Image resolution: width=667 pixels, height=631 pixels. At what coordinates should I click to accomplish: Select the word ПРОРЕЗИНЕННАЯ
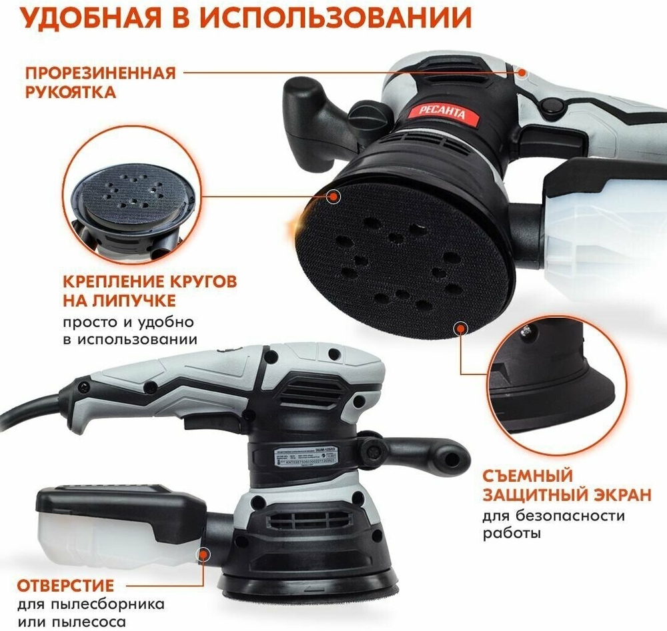tap(101, 72)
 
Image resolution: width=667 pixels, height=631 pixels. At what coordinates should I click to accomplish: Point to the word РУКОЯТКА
tap(70, 92)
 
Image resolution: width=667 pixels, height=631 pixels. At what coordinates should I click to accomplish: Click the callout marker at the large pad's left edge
tap(333, 195)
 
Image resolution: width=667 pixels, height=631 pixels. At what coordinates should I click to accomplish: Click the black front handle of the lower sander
tap(427, 450)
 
